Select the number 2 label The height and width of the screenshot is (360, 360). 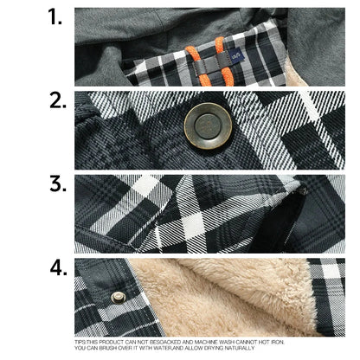(56, 101)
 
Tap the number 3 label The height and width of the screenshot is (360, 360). (56, 183)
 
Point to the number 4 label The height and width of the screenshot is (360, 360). (57, 267)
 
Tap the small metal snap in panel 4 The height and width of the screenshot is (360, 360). (119, 297)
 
